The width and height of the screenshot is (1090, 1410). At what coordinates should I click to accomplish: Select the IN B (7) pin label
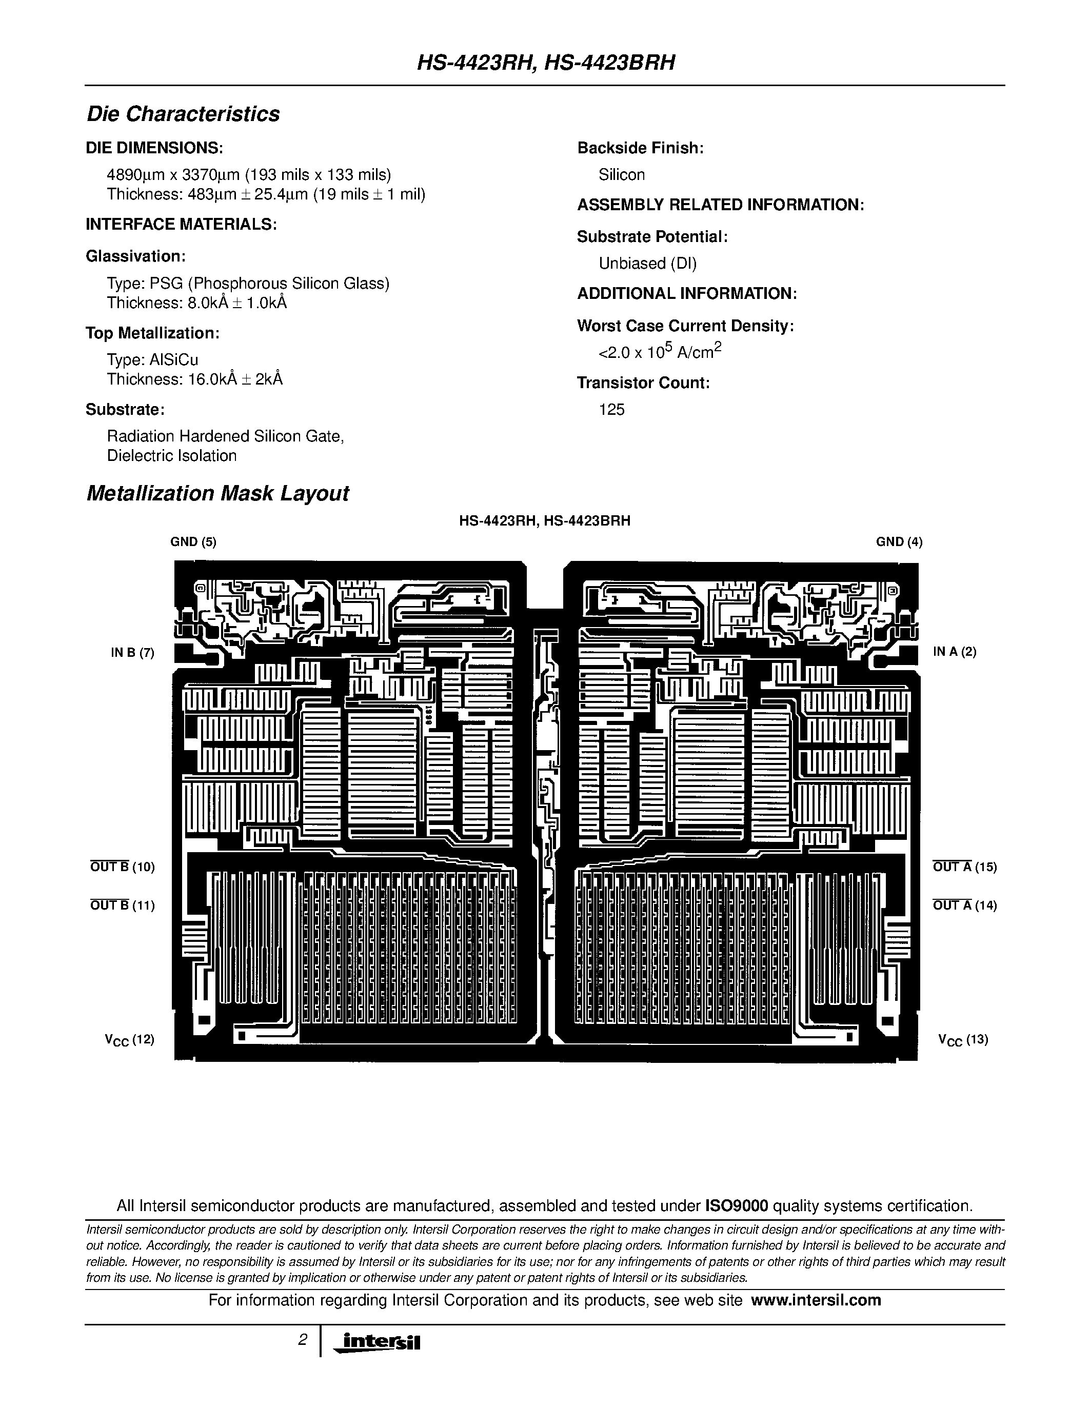coord(132,652)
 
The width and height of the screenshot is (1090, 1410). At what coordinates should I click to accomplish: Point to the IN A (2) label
coord(955,652)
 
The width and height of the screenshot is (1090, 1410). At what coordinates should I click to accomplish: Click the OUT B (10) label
coord(123,867)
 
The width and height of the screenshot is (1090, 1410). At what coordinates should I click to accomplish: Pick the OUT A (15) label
coord(965,867)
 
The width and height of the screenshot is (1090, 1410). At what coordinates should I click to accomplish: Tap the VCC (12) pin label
coord(130,1039)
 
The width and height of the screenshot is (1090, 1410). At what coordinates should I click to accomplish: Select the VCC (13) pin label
coord(963,1039)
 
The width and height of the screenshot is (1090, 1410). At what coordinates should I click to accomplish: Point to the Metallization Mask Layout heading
coord(217,493)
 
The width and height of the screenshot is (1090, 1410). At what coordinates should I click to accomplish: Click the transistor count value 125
coord(611,409)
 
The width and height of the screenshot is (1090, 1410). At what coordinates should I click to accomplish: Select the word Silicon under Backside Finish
coord(621,174)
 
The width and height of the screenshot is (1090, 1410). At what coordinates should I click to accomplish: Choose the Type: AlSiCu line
coord(152,359)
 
